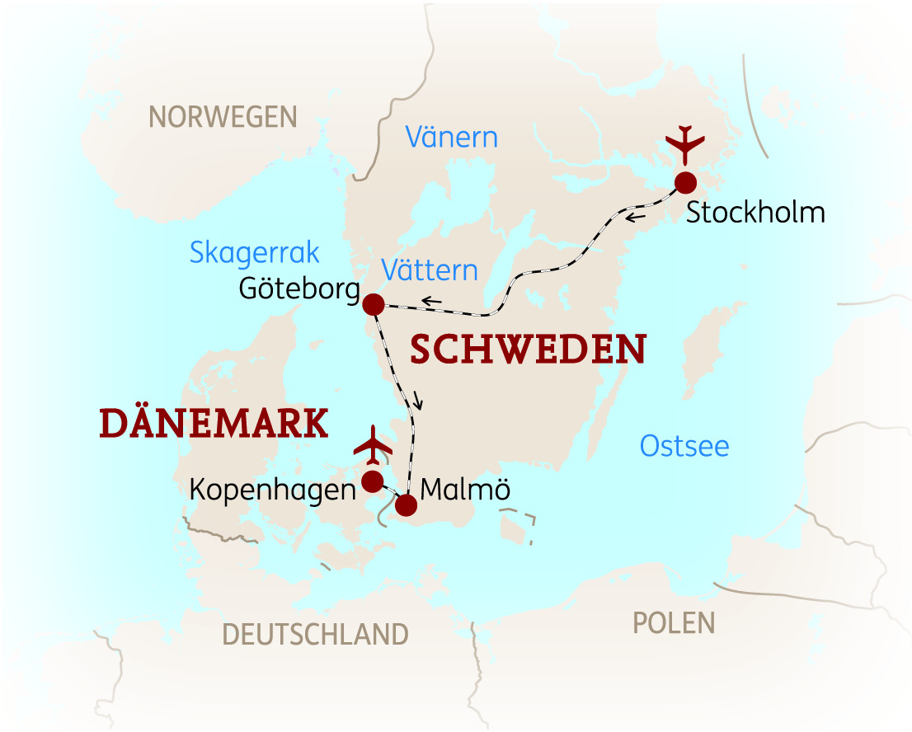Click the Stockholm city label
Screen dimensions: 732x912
click(755, 213)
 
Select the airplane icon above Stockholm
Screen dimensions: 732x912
click(684, 146)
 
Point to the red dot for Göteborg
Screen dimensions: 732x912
click(374, 303)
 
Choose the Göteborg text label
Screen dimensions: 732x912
click(299, 290)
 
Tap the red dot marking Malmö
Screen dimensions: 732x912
click(406, 504)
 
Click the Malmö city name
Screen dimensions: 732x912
click(465, 489)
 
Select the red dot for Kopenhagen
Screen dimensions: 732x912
click(373, 481)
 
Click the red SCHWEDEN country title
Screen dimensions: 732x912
click(528, 350)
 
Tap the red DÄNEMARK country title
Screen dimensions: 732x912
click(214, 424)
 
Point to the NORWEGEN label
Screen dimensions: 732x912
click(223, 117)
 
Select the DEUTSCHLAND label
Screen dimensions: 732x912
click(315, 634)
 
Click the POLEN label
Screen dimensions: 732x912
click(674, 622)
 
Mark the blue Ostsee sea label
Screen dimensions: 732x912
click(684, 446)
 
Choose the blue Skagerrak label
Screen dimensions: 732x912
click(254, 252)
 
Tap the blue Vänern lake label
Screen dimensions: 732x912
click(451, 137)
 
